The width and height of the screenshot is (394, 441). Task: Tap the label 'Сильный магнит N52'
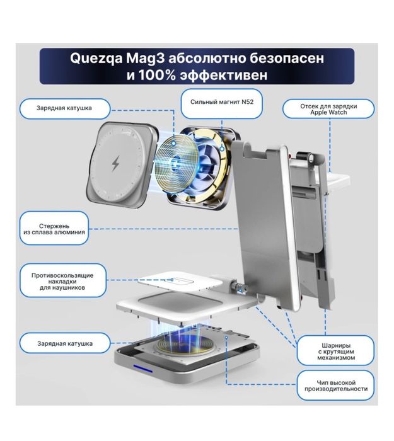[x=213, y=101]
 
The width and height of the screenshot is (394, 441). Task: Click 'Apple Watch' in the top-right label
[x=328, y=114]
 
